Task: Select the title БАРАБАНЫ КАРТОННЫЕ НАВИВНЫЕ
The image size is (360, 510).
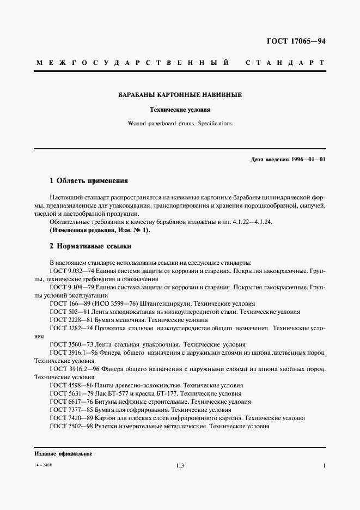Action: coord(180,95)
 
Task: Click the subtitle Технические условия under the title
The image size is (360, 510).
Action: coord(180,110)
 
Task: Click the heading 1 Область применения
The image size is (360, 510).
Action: coord(88,180)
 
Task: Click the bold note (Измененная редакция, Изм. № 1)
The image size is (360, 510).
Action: coord(99,230)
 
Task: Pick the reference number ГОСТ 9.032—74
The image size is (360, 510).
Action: coord(71,270)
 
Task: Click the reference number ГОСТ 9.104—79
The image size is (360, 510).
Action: coord(71,287)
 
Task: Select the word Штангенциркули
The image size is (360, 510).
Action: coord(163,303)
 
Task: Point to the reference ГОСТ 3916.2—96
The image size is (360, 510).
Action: coord(71,369)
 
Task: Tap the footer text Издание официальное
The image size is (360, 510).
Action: coord(63,454)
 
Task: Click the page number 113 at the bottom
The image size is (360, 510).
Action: coord(181,465)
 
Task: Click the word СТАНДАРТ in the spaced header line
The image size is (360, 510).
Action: coord(285,63)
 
